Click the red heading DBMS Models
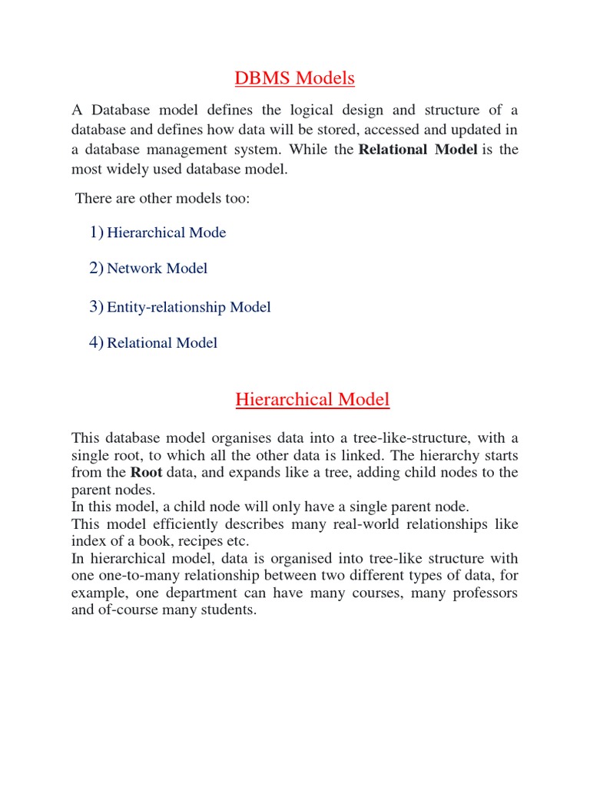[x=294, y=78]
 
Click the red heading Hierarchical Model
[x=312, y=399]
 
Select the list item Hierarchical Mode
[x=166, y=233]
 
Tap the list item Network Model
[x=157, y=268]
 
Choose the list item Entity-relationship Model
[x=188, y=307]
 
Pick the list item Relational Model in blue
[x=161, y=343]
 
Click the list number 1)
[x=96, y=232]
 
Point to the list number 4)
[x=96, y=342]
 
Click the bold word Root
[x=146, y=472]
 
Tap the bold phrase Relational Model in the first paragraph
[x=418, y=149]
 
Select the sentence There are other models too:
[x=163, y=199]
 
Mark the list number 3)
[x=96, y=307]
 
